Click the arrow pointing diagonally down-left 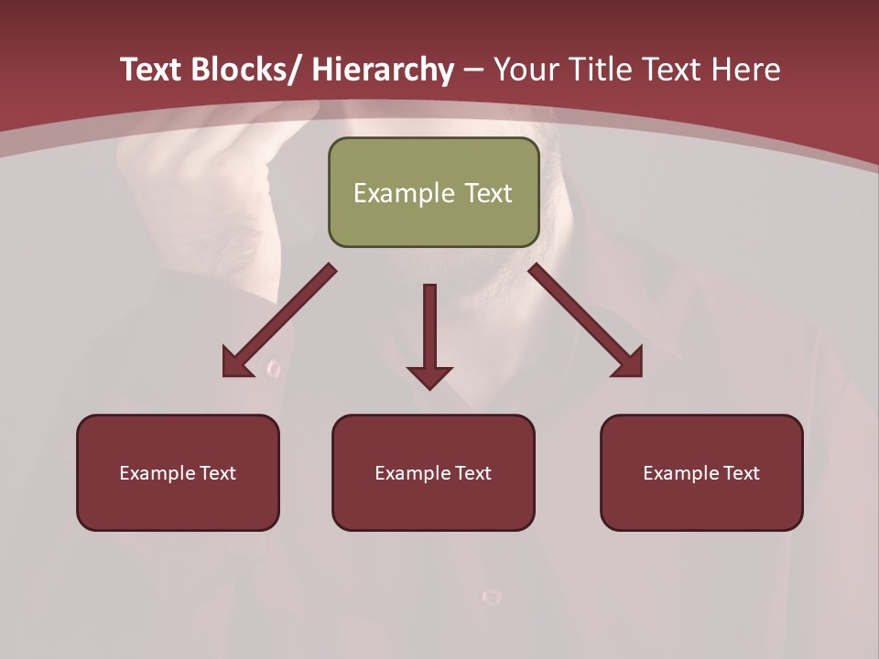coord(279,320)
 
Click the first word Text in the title coord(151,70)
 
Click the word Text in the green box coord(488,193)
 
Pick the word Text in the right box coord(741,473)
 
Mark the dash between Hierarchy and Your coord(473,70)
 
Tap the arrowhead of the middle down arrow coord(429,376)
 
